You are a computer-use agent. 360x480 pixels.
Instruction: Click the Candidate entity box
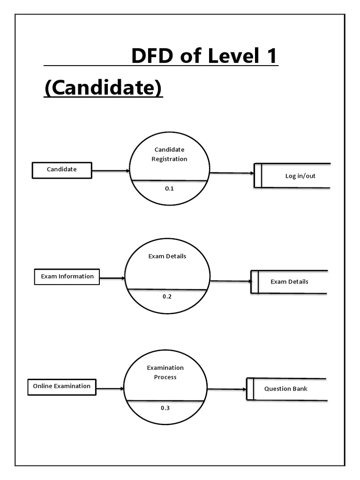click(x=61, y=170)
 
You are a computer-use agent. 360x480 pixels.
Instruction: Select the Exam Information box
click(x=67, y=277)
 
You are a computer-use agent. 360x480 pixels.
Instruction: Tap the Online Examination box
click(x=62, y=387)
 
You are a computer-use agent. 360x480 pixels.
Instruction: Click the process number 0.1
click(x=169, y=188)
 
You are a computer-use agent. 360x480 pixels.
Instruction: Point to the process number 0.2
click(x=167, y=297)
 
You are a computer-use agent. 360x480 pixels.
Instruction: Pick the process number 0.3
click(x=165, y=408)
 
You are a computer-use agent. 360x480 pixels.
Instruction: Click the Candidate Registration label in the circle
click(x=169, y=154)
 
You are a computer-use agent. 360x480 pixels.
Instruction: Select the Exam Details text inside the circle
click(x=167, y=256)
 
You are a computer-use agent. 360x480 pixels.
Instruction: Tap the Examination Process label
click(x=165, y=372)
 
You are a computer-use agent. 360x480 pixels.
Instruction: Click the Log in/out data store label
click(x=300, y=176)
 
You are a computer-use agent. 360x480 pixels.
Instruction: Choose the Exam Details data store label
click(x=289, y=282)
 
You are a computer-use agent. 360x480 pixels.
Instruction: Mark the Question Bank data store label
click(x=286, y=389)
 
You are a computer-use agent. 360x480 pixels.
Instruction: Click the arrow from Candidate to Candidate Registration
click(x=111, y=171)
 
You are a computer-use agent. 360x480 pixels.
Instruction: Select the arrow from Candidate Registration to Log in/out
click(x=232, y=173)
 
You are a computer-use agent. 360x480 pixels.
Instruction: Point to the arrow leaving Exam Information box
click(x=112, y=278)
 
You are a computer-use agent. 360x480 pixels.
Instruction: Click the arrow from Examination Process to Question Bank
click(x=226, y=389)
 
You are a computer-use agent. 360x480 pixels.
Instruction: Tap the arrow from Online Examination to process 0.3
click(x=110, y=389)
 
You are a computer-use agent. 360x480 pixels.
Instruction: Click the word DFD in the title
click(x=152, y=57)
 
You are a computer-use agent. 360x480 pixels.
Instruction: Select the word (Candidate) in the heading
click(x=103, y=88)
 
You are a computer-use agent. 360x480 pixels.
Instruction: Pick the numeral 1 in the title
click(x=270, y=57)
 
